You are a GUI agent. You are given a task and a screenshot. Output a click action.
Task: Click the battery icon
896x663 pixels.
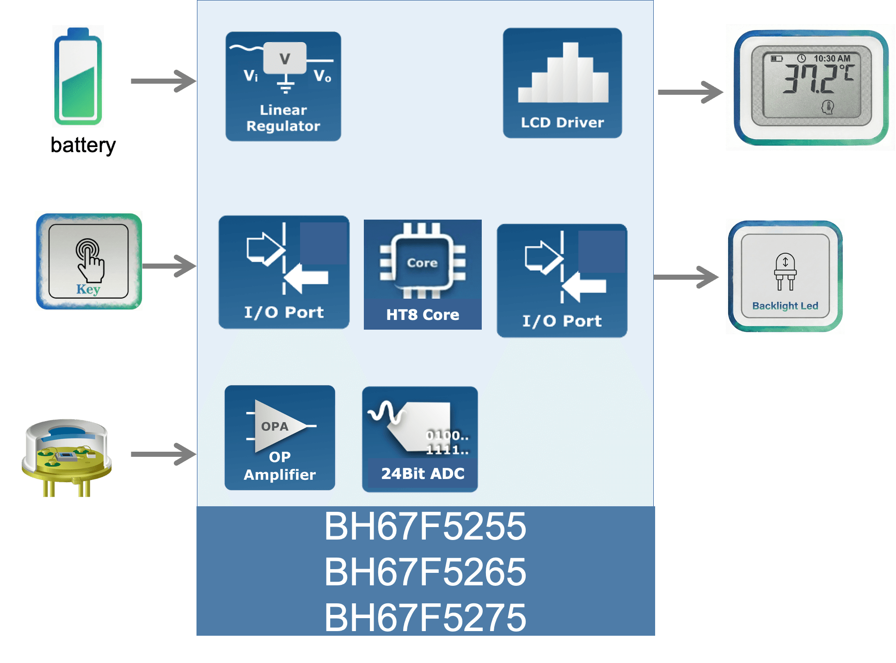[x=78, y=76]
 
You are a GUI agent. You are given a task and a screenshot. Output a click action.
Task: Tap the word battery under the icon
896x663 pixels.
[x=83, y=145]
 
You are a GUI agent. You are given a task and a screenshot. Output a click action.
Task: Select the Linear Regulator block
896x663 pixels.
[x=283, y=86]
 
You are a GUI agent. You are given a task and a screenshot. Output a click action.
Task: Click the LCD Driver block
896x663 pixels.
[x=562, y=83]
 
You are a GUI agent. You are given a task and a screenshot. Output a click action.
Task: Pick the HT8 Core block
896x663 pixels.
[x=423, y=275]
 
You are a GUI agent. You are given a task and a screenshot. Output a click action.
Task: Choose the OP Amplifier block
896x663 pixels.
[x=280, y=438]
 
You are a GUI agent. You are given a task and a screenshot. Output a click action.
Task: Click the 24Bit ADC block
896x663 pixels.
[x=420, y=439]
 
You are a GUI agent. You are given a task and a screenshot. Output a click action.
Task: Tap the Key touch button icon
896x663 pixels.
[x=88, y=261]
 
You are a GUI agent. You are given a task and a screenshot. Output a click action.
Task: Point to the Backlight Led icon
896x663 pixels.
[x=785, y=276]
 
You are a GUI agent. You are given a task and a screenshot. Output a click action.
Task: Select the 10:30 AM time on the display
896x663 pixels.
[x=832, y=58]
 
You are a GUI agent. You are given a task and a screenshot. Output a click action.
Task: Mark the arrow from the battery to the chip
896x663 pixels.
[x=164, y=81]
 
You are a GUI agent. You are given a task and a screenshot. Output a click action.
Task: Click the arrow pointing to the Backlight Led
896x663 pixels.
[x=687, y=277]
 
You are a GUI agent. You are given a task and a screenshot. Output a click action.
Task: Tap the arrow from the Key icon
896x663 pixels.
[x=169, y=266]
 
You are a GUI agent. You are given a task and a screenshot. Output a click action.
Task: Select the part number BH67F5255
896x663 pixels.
[x=425, y=527]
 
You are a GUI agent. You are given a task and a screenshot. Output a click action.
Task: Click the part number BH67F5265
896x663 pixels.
[x=425, y=572]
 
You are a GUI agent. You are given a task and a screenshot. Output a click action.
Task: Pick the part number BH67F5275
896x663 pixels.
[x=425, y=617]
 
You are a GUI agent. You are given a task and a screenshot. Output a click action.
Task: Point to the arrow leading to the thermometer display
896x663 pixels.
[x=690, y=92]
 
